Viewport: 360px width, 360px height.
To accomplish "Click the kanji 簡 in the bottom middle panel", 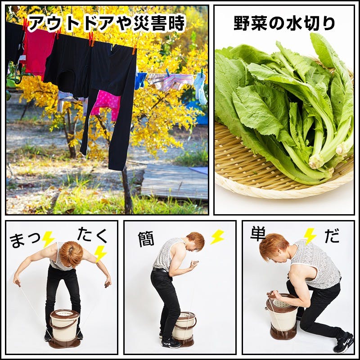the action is click(x=146, y=239).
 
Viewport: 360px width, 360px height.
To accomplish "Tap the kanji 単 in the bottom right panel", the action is click(x=258, y=234).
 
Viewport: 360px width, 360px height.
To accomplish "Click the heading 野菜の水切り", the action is click(x=284, y=23).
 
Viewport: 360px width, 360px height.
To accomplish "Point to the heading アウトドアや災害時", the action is click(x=106, y=23).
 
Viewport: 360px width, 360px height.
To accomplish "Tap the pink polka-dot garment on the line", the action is click(x=106, y=104).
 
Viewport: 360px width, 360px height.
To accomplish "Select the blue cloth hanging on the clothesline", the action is click(x=140, y=80).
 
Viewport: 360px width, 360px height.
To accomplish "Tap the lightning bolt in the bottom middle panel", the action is click(x=217, y=237).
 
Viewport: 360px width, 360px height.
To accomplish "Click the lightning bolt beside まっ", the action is click(x=48, y=239).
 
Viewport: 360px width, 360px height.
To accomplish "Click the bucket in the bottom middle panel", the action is click(x=184, y=328).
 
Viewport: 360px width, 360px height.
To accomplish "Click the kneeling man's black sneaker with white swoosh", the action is click(x=344, y=342).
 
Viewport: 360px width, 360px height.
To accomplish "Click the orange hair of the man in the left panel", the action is click(x=71, y=253).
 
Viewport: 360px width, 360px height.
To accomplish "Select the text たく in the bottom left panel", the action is click(x=92, y=235).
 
